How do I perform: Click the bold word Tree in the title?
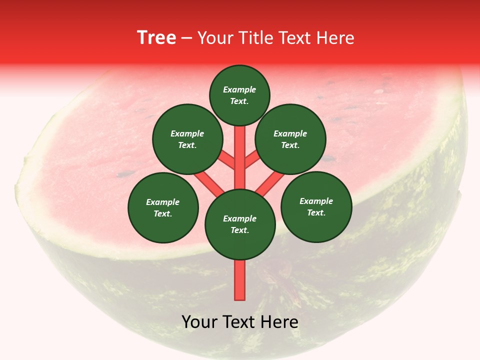click(156, 38)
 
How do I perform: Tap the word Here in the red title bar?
click(336, 38)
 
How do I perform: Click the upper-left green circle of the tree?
click(187, 139)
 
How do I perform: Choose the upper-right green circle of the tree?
click(290, 139)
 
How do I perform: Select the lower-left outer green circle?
click(163, 207)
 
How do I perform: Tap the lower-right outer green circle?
click(316, 206)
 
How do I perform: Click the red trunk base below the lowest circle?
click(240, 280)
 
